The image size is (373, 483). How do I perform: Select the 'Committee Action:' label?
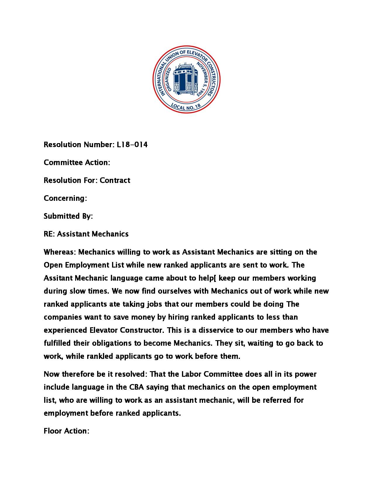click(x=77, y=162)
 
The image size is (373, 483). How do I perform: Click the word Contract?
click(x=115, y=180)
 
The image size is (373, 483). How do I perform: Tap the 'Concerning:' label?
click(x=65, y=198)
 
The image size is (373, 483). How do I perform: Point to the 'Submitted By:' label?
click(x=68, y=216)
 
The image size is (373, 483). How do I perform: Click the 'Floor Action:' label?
click(x=66, y=431)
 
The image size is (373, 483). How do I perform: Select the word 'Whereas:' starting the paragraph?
click(x=60, y=252)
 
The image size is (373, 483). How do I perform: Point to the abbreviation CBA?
click(x=136, y=387)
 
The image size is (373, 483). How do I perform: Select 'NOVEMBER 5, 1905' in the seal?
click(x=203, y=79)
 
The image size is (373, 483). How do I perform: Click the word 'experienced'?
click(x=65, y=330)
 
